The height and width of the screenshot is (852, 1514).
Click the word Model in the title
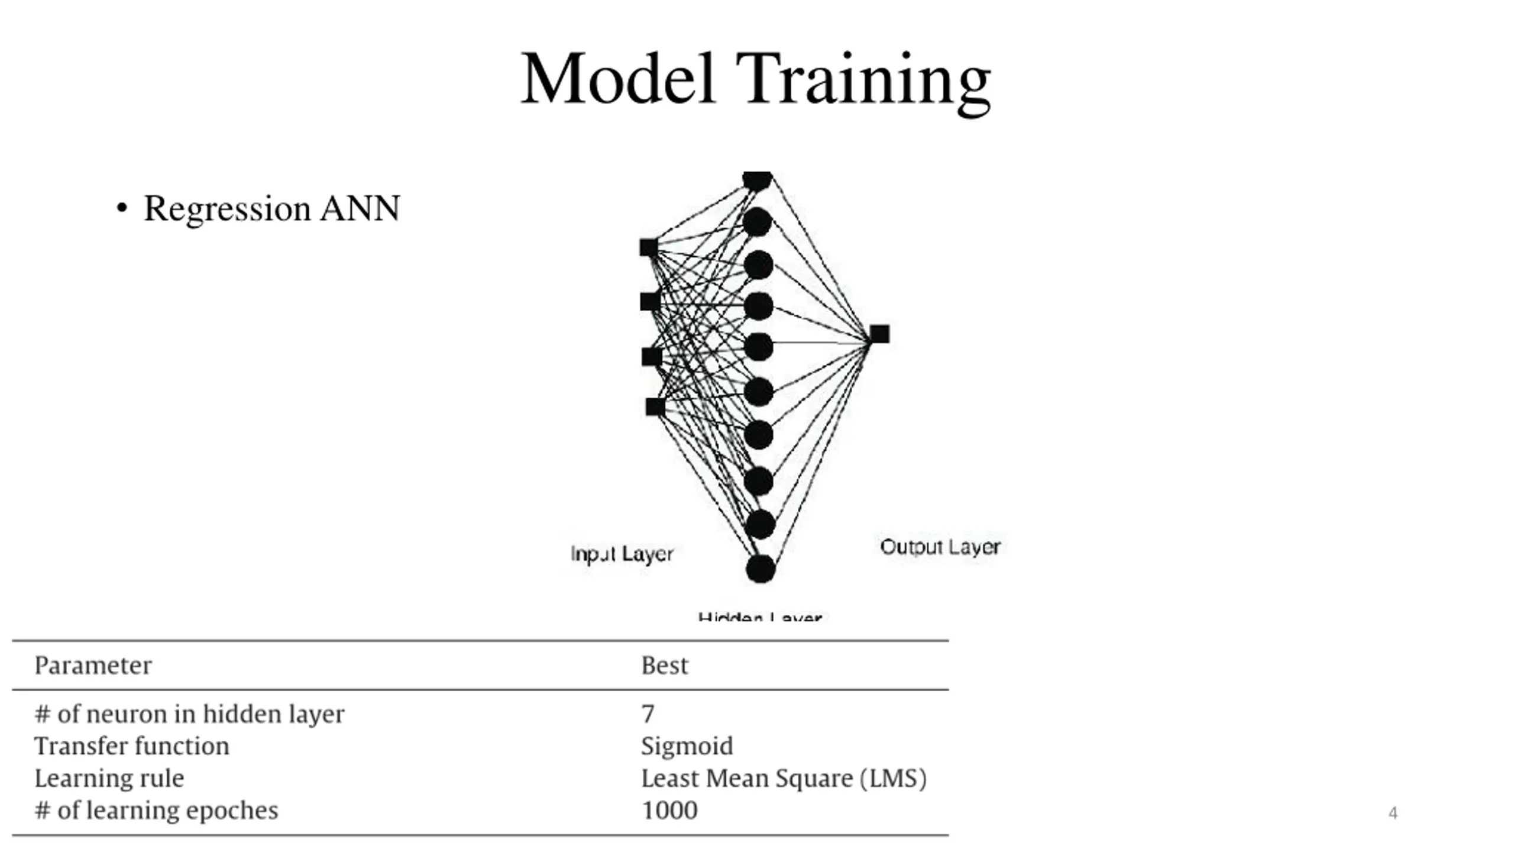pos(618,79)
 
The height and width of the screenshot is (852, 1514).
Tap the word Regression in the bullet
pos(227,209)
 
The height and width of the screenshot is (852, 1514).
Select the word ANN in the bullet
pos(360,209)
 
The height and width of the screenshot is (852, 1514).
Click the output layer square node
pos(879,334)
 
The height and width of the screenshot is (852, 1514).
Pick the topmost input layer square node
pos(649,247)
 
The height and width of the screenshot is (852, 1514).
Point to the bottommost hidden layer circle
pos(761,569)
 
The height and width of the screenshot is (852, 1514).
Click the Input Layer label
pos(622,554)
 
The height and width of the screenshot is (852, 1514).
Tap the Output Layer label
pos(940,547)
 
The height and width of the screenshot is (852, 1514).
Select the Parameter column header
pos(93,666)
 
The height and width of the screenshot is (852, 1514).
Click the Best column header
pos(664,666)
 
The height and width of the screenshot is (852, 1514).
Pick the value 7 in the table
pos(648,714)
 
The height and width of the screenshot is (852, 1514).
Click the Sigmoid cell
pos(687,746)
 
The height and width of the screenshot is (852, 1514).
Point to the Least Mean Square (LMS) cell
pos(784,779)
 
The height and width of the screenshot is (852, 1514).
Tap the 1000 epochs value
pos(669,811)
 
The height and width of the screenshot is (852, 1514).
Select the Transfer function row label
pos(131,746)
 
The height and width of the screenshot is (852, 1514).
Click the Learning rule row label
pos(109,779)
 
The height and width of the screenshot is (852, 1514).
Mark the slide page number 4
pos(1393,813)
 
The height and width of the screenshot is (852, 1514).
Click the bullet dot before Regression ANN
pos(122,209)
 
